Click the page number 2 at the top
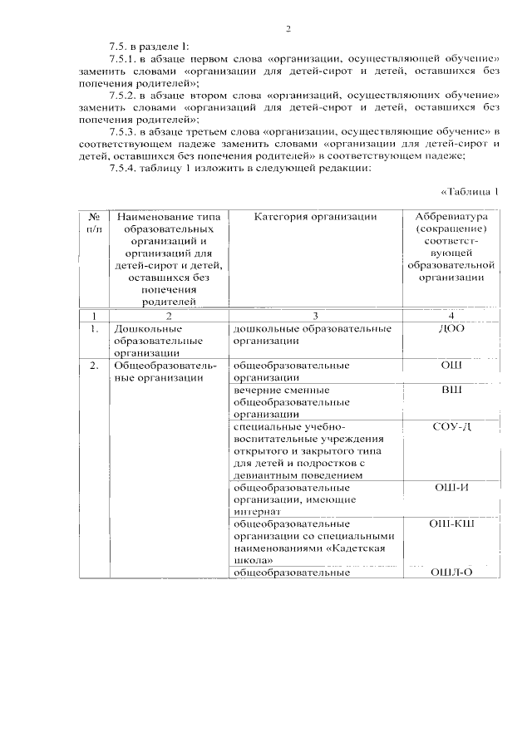[288, 29]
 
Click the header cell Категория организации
[316, 217]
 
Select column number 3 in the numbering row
[316, 316]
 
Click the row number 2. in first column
[95, 365]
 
